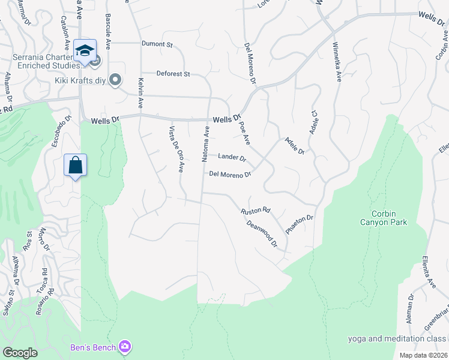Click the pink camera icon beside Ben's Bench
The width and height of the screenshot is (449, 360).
point(125,346)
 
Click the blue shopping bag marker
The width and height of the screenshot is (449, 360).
point(76,166)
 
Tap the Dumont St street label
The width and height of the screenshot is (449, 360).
point(157,44)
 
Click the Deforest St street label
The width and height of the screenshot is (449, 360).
point(173,74)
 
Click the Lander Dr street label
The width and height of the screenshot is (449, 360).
point(232,157)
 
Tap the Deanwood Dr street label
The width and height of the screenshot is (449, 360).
point(262,233)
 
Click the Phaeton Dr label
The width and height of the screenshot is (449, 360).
point(300,225)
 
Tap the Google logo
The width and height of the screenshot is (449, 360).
point(20,353)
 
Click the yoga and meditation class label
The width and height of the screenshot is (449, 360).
point(398,339)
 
